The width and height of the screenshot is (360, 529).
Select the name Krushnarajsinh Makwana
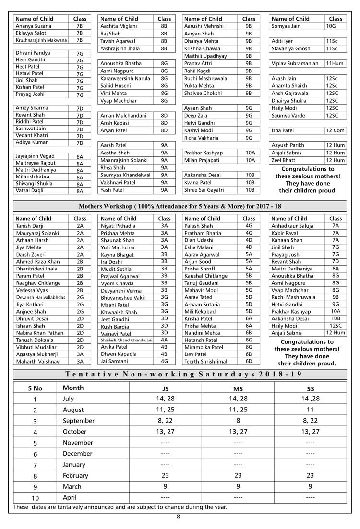coord(42,40)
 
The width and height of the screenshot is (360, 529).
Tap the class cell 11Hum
coord(335,63)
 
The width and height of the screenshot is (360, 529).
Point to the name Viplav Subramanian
coord(295,63)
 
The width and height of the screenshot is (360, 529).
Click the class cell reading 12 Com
coord(335,130)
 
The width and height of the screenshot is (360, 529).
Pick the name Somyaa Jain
coord(287,26)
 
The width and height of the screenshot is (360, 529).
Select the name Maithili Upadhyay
coord(205,56)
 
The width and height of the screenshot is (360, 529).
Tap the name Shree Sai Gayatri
coord(204,190)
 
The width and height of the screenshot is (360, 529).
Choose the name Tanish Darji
coord(30,226)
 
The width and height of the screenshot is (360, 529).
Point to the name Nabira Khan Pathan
coord(40,332)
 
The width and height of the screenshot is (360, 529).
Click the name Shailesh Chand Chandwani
coord(127,340)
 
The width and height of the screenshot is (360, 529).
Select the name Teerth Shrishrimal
coord(206,361)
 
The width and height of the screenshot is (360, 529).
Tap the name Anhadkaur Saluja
coord(292,226)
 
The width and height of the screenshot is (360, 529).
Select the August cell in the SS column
coord(310,410)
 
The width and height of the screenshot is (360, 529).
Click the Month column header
coord(73,388)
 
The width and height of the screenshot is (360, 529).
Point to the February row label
coord(75,476)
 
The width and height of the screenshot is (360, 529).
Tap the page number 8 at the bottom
coord(179,517)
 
